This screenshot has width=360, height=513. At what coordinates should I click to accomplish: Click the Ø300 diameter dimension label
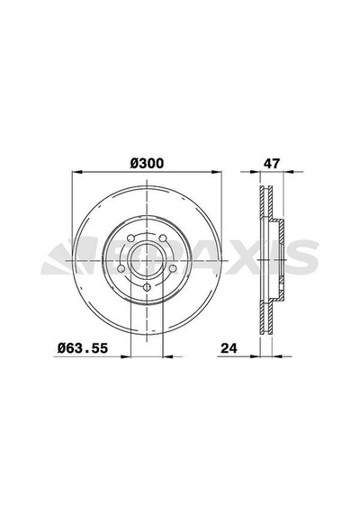coord(147,163)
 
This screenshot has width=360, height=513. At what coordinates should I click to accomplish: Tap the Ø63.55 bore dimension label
coord(83,347)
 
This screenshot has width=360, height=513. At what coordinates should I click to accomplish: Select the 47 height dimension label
coord(272,163)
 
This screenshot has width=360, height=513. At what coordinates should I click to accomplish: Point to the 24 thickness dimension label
coord(229,348)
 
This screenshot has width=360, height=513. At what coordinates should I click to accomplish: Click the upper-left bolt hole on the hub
coord(130,238)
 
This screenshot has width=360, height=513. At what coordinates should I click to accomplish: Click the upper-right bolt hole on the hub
coord(163,238)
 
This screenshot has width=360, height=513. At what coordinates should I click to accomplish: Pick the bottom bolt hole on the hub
coord(147,287)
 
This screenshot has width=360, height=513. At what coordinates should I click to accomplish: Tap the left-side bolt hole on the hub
coord(121,268)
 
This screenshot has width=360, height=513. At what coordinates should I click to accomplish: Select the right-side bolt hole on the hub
coord(173,268)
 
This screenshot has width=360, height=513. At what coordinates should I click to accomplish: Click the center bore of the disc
coord(147,260)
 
